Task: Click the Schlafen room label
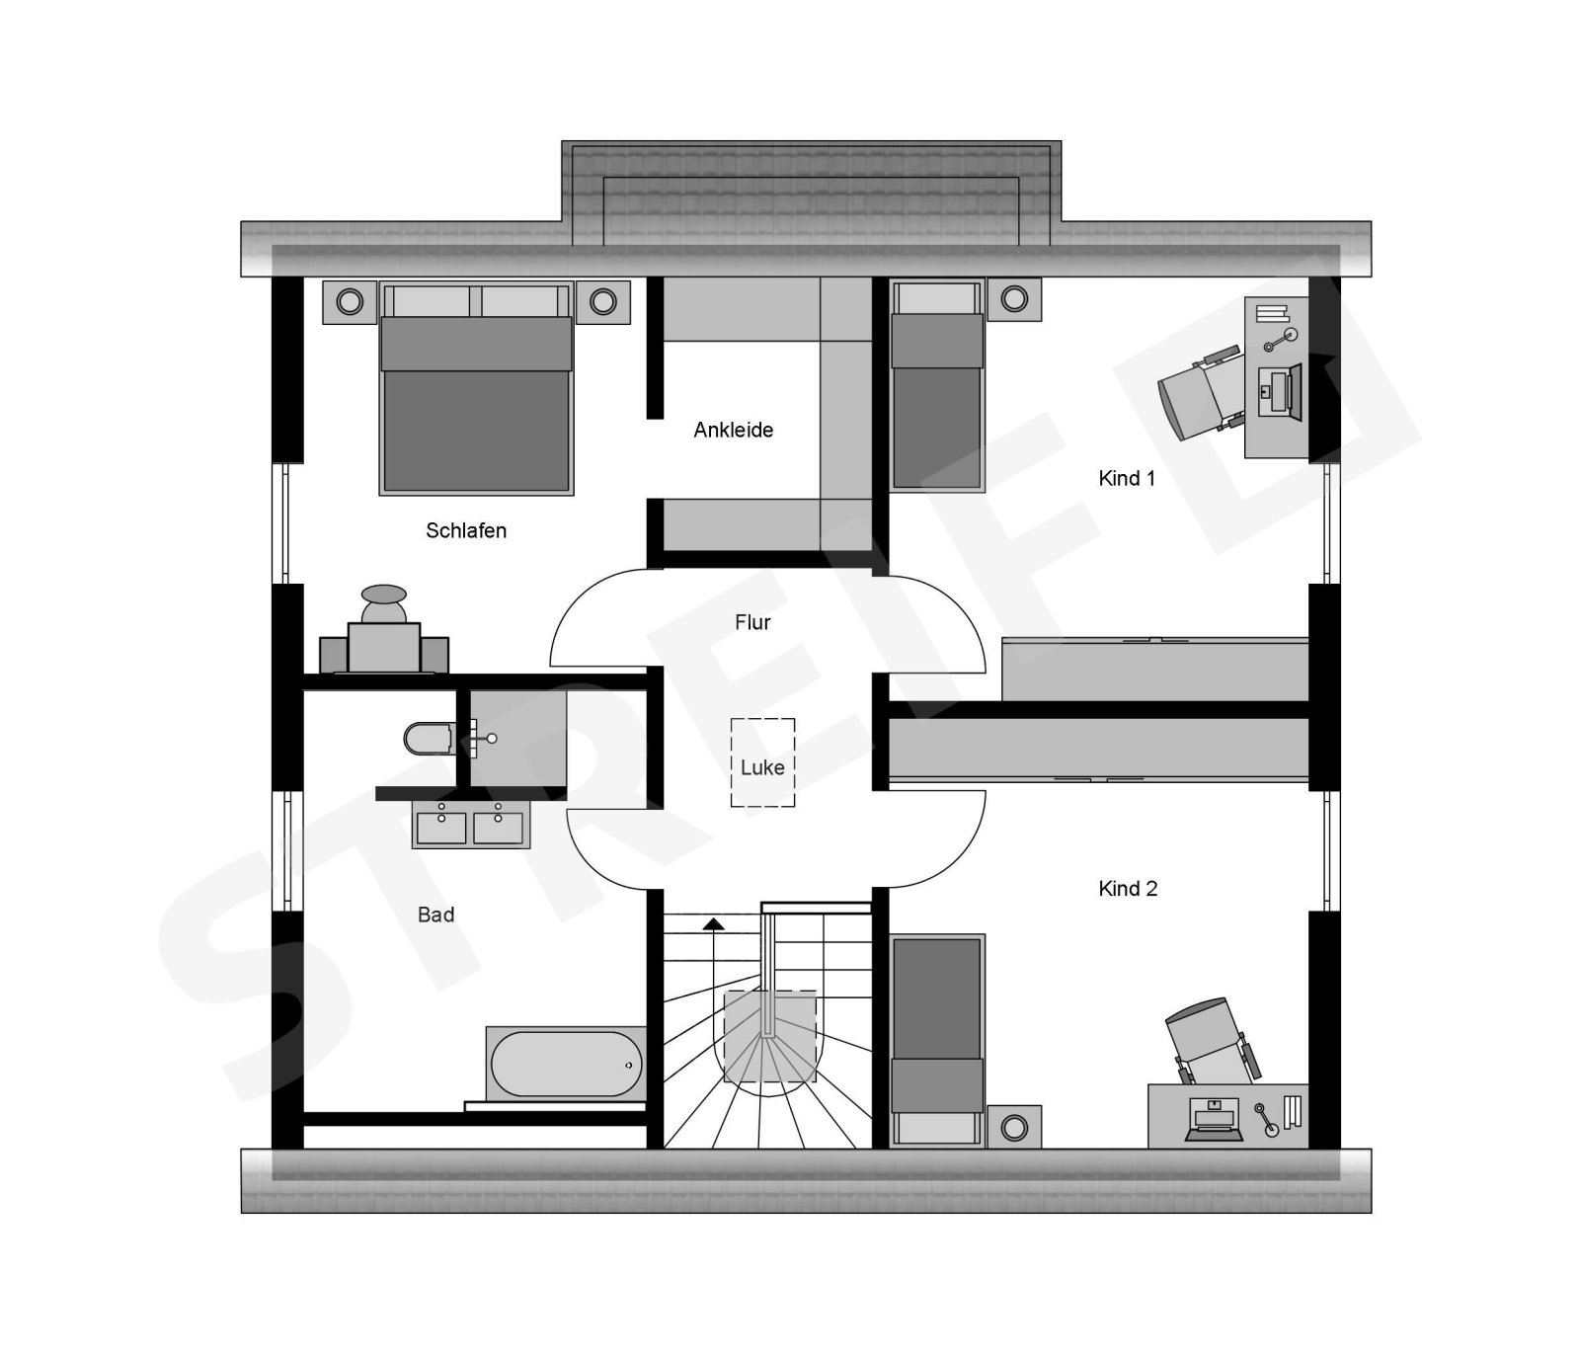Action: pos(466,530)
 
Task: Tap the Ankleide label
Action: pos(733,430)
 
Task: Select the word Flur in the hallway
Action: pos(752,622)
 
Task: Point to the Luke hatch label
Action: pos(762,767)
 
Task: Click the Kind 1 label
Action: pos(1127,478)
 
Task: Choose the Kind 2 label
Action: pos(1128,889)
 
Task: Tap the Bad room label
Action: pos(435,915)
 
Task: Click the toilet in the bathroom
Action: pos(428,739)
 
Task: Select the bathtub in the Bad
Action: pos(566,1064)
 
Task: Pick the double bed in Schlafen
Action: pos(476,388)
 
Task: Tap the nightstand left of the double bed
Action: pos(350,301)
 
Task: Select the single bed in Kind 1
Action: pos(937,385)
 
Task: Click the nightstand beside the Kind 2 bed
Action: pos(1014,1127)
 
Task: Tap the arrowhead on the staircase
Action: pos(712,924)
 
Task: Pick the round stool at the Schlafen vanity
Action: pos(384,595)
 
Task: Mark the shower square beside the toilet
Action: pos(517,738)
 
